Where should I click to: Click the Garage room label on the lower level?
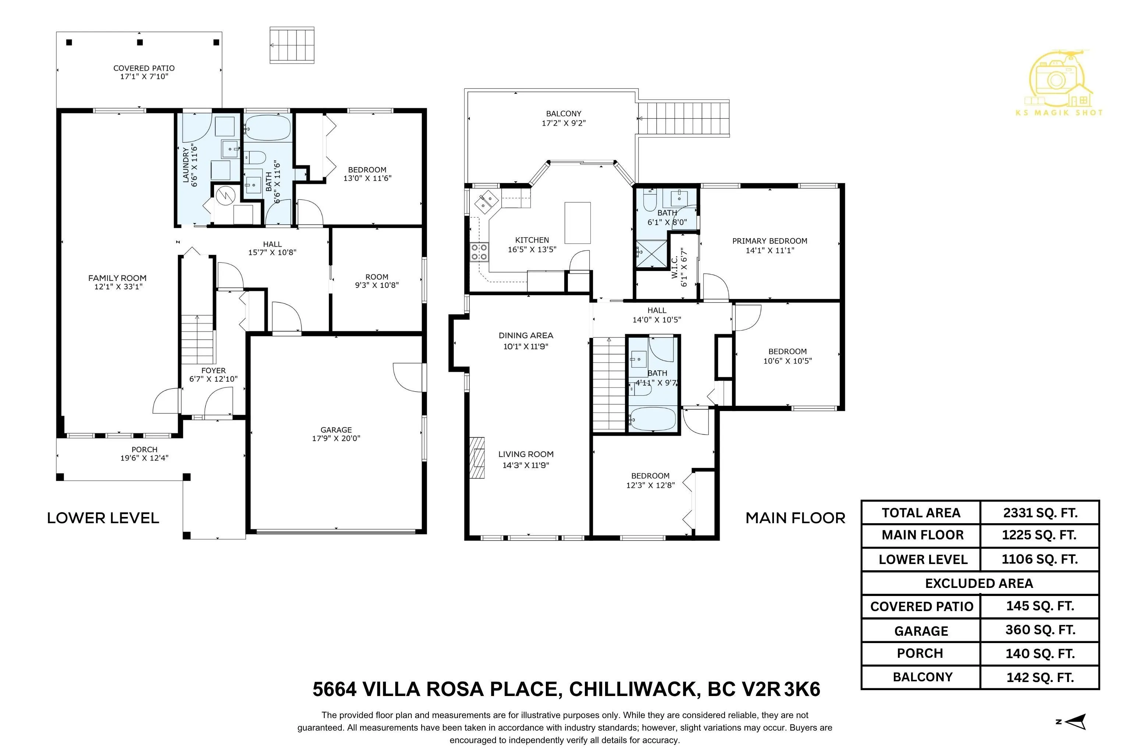[x=336, y=430]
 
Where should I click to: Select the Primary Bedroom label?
[x=769, y=241]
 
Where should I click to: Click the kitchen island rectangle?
[x=577, y=223]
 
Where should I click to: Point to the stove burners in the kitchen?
[x=479, y=251]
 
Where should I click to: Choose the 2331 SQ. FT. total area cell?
[x=1040, y=513]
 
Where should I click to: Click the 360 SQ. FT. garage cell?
[x=1040, y=629]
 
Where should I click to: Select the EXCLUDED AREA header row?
[x=979, y=583]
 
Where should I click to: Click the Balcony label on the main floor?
[x=564, y=114]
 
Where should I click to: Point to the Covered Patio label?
[x=144, y=68]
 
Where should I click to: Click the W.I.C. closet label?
[x=675, y=267]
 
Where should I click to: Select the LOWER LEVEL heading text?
[x=103, y=518]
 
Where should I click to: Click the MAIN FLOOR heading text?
[x=795, y=518]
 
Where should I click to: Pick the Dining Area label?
[x=526, y=335]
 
